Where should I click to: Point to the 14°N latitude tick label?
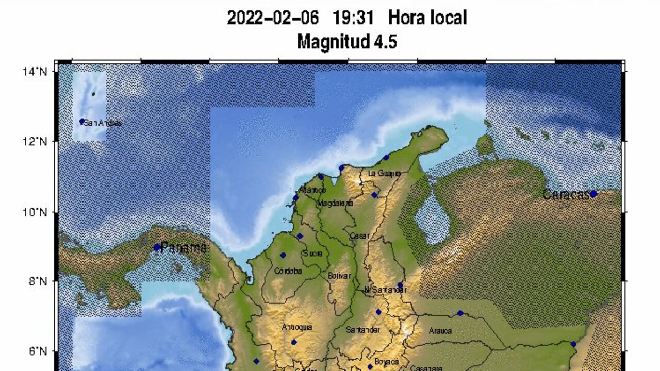35,72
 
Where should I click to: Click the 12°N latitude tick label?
35,142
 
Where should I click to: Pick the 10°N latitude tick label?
35,212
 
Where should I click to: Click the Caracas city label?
566,195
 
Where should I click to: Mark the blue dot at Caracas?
593,194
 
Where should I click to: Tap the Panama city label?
184,247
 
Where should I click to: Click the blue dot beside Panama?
157,247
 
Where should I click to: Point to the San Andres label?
103,123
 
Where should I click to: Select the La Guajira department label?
384,173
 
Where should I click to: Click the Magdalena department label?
335,203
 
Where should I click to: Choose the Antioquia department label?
297,327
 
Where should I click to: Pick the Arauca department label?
440,331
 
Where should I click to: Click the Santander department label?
364,330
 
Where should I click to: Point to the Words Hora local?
427,18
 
